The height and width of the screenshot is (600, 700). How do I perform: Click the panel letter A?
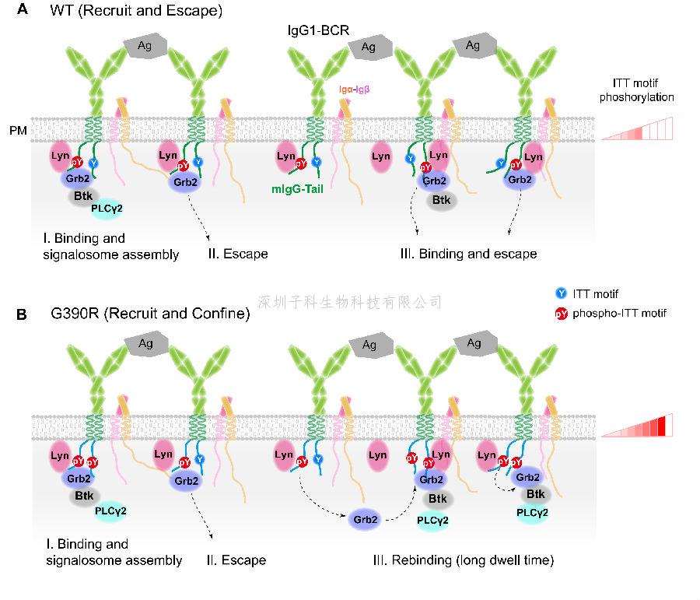[24, 11]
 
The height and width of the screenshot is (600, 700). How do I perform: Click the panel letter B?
[23, 314]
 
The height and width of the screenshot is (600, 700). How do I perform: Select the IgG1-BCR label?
[316, 29]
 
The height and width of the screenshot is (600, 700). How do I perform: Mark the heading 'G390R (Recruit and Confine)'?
[150, 314]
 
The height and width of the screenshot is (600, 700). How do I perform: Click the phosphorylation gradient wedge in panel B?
[638, 426]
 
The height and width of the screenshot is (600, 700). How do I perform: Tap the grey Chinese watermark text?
[349, 301]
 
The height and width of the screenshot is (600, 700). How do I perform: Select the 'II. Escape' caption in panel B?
[236, 560]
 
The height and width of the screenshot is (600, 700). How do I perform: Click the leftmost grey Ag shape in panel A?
[145, 45]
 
